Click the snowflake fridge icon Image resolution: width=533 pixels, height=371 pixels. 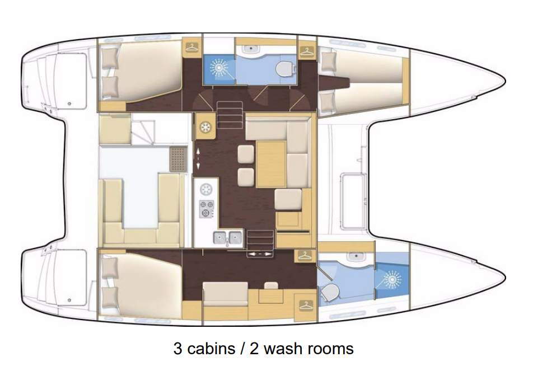coord(205,128)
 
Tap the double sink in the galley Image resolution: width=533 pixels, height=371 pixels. coord(228,237)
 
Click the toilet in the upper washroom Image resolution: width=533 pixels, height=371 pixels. coord(284,69)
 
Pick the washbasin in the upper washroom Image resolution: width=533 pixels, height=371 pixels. coord(251,49)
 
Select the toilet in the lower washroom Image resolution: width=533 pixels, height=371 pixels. coord(330,293)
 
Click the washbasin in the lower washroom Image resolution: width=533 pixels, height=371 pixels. coord(356,256)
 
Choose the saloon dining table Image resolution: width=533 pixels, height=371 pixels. coord(271,165)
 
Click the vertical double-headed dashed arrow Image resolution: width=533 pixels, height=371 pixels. coord(198,158)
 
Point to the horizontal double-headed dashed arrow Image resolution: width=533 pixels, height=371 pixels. coord(260,254)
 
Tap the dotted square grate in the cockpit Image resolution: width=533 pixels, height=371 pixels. coord(179,159)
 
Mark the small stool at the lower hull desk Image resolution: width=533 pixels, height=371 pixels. coord(271,286)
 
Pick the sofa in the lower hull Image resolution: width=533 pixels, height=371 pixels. coord(226,294)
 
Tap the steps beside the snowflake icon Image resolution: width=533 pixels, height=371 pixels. coord(230,115)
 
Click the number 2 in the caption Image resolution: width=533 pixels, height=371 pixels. coord(254,349)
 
